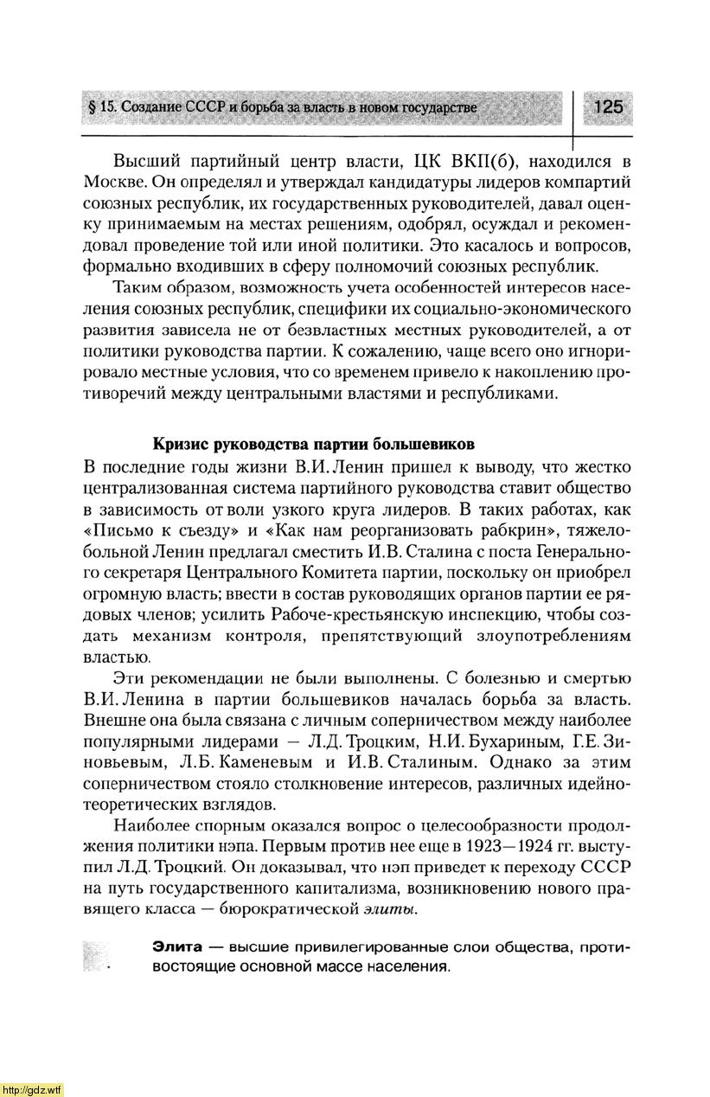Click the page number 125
(x=608, y=107)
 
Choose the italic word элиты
(x=387, y=909)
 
